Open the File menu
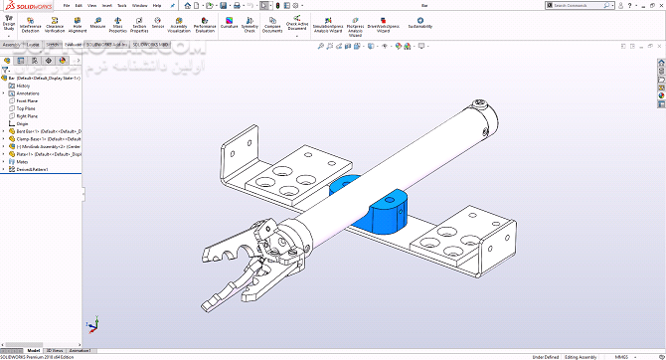[65, 5]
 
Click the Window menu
[139, 5]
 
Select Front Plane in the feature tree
[27, 100]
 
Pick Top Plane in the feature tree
[26, 107]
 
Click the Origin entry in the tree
[23, 122]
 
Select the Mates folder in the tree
[22, 161]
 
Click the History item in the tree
[23, 86]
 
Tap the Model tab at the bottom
[34, 350]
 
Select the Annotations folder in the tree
[27, 93]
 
